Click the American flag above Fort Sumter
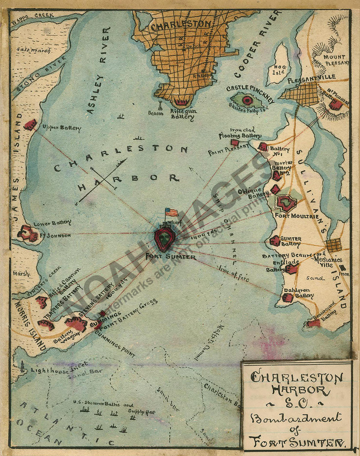click(x=172, y=212)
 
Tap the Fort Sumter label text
click(x=171, y=257)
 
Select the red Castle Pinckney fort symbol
click(x=247, y=100)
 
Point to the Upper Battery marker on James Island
click(x=30, y=124)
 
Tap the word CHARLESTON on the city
click(x=181, y=25)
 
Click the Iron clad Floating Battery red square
click(x=235, y=142)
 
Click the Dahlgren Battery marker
click(x=287, y=297)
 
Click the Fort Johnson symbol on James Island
click(x=28, y=234)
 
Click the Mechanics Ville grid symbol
click(x=334, y=245)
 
